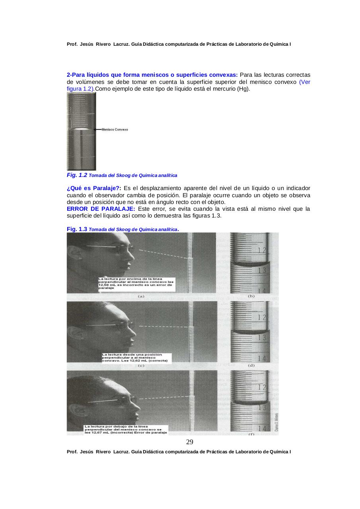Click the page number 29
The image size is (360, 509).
[190, 442]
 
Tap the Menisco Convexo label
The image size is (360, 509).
[115, 130]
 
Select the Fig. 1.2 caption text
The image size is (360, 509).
[122, 175]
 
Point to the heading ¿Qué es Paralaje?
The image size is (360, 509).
[94, 188]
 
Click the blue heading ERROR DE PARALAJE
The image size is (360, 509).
[101, 209]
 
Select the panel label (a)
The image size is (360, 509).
[141, 296]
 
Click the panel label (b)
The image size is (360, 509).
[251, 296]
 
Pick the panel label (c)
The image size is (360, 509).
[141, 365]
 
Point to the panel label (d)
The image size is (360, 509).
[251, 365]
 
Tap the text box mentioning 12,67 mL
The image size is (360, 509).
[126, 429]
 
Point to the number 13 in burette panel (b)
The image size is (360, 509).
[262, 271]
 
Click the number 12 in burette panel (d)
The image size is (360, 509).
[262, 318]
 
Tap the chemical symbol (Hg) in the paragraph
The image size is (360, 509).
[243, 89]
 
